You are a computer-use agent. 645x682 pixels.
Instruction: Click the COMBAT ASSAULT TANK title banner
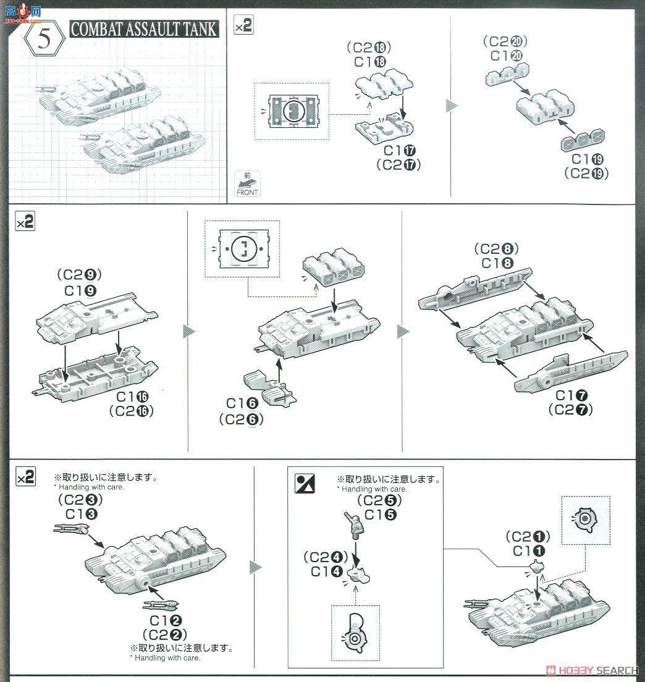tap(144, 29)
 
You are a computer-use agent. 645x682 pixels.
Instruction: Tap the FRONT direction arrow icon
tap(247, 184)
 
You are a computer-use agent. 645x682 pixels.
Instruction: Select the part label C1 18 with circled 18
tap(370, 62)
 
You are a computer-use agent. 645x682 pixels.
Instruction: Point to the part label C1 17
tap(399, 151)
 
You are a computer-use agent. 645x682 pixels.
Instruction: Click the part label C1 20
tap(507, 56)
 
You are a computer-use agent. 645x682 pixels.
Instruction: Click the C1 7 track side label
tap(570, 395)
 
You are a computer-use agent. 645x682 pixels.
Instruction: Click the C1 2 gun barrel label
tap(164, 620)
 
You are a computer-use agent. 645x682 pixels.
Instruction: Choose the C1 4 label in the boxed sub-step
tap(327, 571)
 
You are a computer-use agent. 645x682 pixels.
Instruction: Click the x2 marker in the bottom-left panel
tap(25, 478)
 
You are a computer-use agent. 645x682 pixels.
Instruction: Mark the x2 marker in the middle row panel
tap(25, 222)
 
